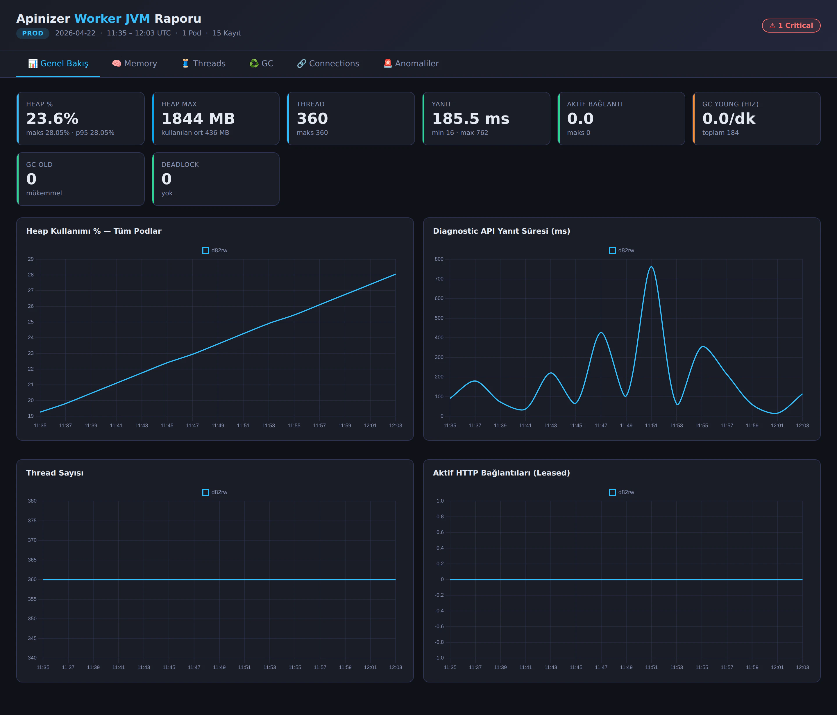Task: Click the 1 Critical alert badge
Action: point(791,26)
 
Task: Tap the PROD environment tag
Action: point(33,33)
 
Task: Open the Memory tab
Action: point(135,63)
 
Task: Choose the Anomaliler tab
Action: point(411,63)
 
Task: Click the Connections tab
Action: point(328,63)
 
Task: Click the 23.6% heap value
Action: point(53,119)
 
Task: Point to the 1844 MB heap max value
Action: point(198,119)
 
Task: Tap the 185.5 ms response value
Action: point(471,119)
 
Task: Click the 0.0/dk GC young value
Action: point(729,119)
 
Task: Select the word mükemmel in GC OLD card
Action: point(44,193)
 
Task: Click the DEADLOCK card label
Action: point(180,165)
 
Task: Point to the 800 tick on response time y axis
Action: point(439,259)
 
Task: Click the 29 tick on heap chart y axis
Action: point(31,259)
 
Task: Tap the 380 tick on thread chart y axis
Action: point(32,501)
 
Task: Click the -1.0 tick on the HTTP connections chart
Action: point(439,658)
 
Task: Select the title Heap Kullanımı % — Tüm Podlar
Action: point(94,231)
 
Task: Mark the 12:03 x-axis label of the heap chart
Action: point(396,425)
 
